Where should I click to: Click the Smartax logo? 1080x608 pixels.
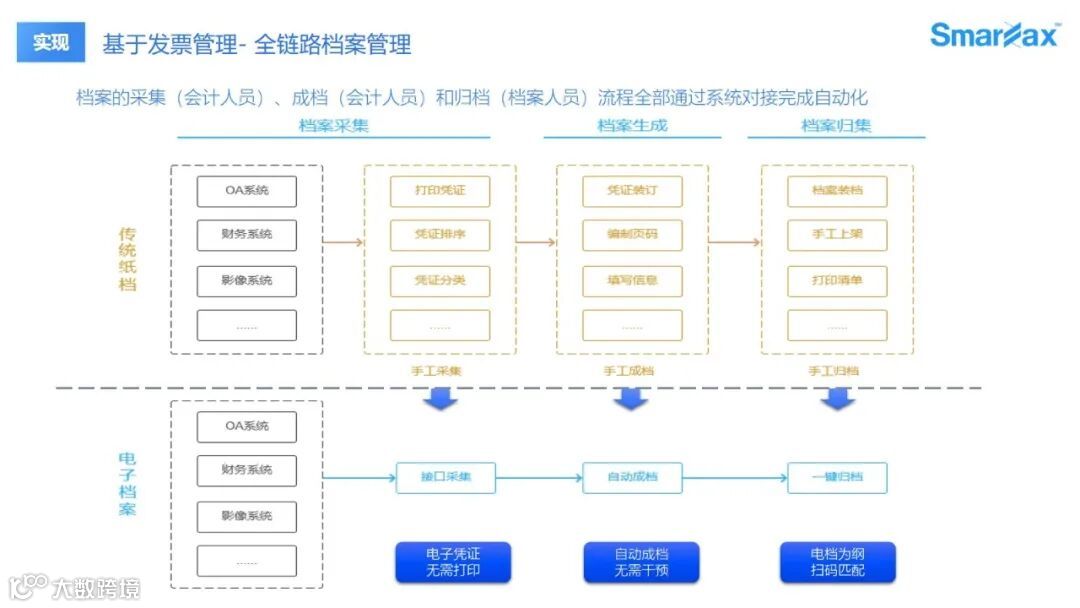tap(994, 35)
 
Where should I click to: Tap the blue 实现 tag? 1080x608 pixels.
tap(51, 43)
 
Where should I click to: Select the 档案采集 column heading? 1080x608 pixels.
tap(334, 126)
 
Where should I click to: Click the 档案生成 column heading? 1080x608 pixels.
tap(632, 126)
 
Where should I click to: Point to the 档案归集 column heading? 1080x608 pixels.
tap(837, 126)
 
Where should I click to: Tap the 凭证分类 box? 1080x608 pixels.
tap(440, 281)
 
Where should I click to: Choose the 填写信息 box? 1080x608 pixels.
tap(632, 281)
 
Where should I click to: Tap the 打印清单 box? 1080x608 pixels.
tap(837, 281)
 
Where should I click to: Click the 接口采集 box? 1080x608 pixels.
tap(445, 477)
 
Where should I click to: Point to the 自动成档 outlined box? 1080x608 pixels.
tap(632, 477)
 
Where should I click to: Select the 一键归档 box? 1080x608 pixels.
tap(837, 477)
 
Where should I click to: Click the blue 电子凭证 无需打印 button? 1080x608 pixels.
tap(453, 562)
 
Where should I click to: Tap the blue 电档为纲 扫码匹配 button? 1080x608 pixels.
tap(838, 562)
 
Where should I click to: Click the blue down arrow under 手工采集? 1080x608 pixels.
tap(440, 399)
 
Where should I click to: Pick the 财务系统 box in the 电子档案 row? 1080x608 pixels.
tap(247, 470)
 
